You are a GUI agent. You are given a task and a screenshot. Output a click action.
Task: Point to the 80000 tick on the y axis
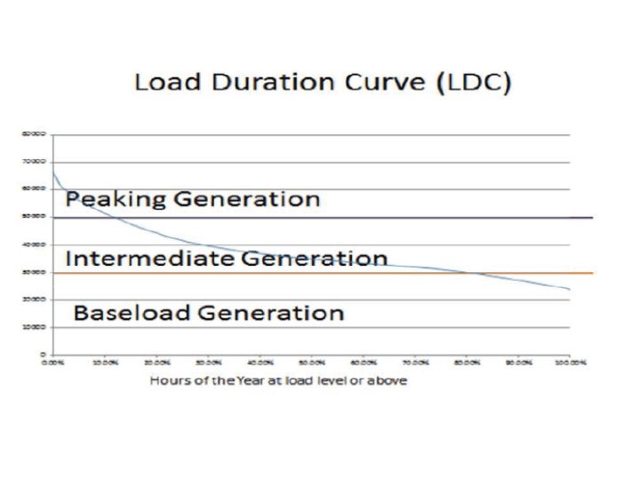point(35,134)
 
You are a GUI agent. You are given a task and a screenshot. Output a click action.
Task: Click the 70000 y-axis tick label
point(35,162)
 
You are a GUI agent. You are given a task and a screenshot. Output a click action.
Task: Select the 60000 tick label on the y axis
point(35,189)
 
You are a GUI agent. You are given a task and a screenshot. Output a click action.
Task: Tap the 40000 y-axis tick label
point(35,244)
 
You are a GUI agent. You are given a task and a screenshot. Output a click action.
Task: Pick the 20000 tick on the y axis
point(35,300)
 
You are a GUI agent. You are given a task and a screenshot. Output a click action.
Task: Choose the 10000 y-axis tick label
point(35,327)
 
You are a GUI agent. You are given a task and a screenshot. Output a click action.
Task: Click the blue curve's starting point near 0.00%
point(54,171)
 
